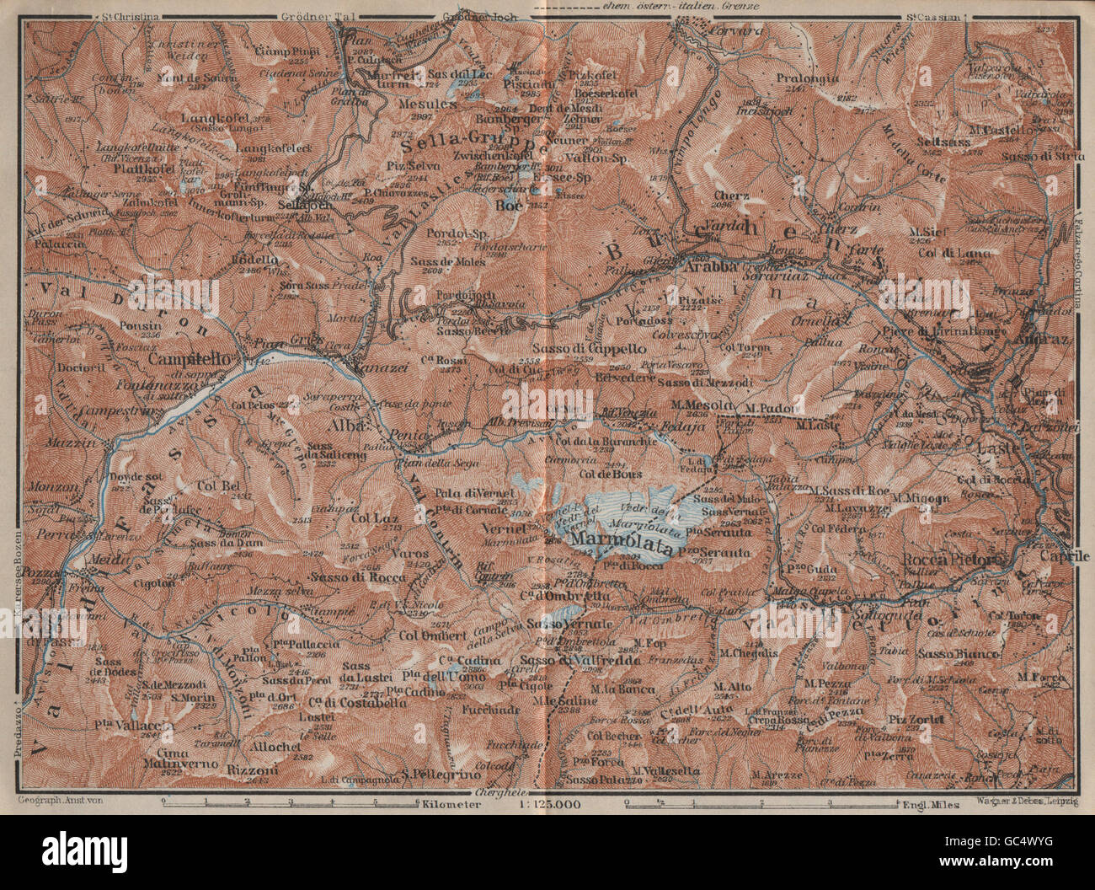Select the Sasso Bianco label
coord(948,653)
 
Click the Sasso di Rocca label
coord(357,577)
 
